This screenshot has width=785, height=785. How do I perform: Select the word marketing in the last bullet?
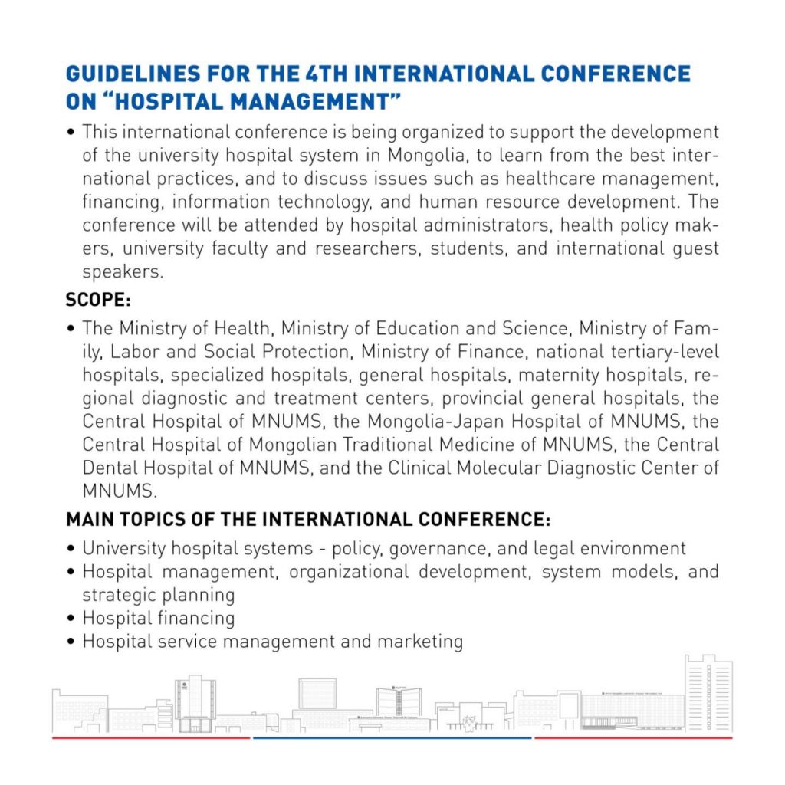click(419, 641)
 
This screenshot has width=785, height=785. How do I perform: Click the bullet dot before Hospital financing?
click(71, 618)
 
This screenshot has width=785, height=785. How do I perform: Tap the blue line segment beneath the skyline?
click(392, 738)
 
